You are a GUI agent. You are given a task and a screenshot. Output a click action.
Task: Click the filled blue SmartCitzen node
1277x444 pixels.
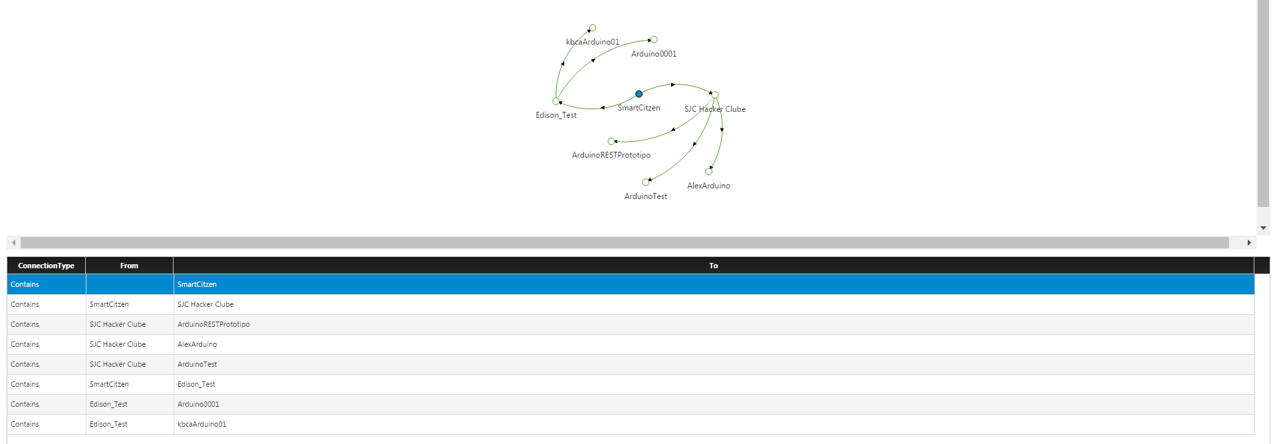click(x=638, y=94)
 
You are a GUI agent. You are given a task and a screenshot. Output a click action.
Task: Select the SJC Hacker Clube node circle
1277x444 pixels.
click(x=715, y=95)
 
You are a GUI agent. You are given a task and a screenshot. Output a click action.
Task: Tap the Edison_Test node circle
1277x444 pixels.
click(x=556, y=101)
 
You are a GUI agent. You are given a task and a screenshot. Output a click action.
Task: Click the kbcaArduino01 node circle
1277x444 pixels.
click(x=593, y=28)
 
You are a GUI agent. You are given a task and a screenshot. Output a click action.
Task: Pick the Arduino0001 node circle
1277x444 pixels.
click(x=654, y=40)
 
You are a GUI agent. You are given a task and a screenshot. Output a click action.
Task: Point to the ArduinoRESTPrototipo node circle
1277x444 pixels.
click(x=611, y=141)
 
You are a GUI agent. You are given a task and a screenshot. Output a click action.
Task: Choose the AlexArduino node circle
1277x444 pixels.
click(x=708, y=172)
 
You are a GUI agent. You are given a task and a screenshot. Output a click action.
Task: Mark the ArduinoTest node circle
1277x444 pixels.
click(x=646, y=182)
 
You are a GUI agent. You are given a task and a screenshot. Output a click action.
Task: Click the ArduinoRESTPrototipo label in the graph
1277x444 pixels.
click(x=611, y=155)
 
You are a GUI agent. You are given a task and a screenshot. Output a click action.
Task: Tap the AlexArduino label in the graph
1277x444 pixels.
click(x=708, y=186)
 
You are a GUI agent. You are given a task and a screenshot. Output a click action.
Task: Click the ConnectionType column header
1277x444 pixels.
click(x=47, y=266)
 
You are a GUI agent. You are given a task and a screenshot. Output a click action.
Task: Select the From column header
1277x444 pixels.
click(x=130, y=266)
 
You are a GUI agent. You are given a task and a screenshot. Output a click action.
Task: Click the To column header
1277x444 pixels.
click(x=714, y=266)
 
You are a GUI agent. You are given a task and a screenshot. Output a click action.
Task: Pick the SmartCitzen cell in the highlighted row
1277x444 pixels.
click(x=197, y=284)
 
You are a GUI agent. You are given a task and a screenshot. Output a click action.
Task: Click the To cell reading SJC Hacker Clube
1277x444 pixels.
click(x=206, y=304)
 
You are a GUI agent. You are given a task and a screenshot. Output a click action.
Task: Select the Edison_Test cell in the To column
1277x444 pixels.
click(x=196, y=384)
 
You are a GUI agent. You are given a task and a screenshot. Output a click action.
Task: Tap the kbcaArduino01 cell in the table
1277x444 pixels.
click(x=202, y=424)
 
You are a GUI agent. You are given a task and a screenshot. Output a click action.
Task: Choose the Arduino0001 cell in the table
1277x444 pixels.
click(x=198, y=404)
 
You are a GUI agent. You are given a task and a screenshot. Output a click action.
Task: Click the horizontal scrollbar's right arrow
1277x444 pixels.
click(x=1249, y=243)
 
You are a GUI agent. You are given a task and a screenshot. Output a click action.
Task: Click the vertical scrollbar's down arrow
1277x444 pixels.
click(x=1263, y=228)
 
